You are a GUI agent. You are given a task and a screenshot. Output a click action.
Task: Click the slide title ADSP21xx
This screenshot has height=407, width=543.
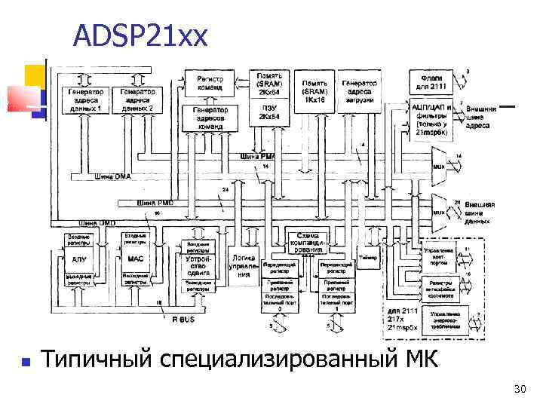[x=140, y=35]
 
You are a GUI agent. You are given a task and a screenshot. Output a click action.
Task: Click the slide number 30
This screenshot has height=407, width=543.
[x=519, y=389]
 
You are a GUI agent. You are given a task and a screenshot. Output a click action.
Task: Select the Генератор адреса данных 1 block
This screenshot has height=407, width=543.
[x=84, y=99]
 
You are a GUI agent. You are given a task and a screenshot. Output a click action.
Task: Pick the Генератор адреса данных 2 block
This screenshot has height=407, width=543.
[x=138, y=99]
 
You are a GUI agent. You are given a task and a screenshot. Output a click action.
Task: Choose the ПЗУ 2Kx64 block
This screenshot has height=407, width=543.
[x=269, y=113]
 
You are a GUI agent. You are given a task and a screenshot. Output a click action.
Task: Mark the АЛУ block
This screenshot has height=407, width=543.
[x=78, y=259]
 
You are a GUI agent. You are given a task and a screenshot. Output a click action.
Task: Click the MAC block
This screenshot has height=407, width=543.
[x=136, y=259]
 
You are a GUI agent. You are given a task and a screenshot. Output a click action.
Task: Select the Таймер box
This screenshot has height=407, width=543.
[x=368, y=257]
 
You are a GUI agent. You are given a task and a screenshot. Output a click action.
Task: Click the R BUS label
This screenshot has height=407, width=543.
[x=184, y=320]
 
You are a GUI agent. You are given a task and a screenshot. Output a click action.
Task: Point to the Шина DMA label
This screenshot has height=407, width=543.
[x=112, y=176]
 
